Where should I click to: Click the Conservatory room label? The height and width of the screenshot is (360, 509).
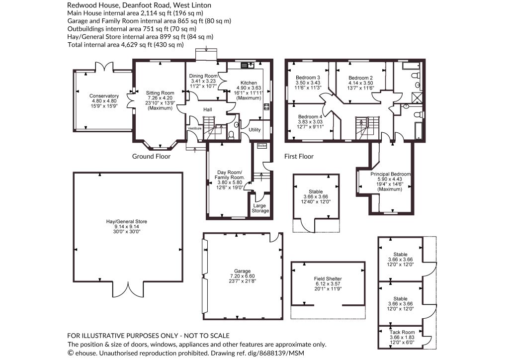pos(104,96)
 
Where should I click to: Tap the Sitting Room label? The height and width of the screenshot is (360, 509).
pos(160,93)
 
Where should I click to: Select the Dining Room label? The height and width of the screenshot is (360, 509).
pos(203,76)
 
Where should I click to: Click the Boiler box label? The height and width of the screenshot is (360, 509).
pos(261,146)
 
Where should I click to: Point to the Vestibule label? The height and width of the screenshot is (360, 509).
pos(195,129)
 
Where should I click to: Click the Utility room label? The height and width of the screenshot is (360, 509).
pos(254,129)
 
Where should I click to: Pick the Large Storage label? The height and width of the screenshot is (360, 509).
pos(260,208)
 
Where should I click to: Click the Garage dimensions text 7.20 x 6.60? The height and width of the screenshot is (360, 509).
pos(242,276)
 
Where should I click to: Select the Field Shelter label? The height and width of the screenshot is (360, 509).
pos(328,279)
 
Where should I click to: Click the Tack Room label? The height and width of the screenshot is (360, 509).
pos(402,332)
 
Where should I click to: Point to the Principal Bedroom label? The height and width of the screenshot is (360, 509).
pos(391,174)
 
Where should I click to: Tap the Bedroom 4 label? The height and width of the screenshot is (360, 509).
pos(310,117)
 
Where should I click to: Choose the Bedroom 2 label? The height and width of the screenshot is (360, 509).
pos(360,78)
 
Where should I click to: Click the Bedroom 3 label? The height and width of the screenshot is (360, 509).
pos(308,78)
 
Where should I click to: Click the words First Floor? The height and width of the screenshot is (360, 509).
pos(299,157)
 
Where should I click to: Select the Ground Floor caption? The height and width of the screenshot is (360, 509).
pos(151,157)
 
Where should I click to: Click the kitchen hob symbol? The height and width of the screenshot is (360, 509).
pos(267,107)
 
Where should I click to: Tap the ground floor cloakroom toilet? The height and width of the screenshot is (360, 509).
pos(232,135)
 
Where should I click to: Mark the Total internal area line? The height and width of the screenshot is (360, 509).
pos(126,45)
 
